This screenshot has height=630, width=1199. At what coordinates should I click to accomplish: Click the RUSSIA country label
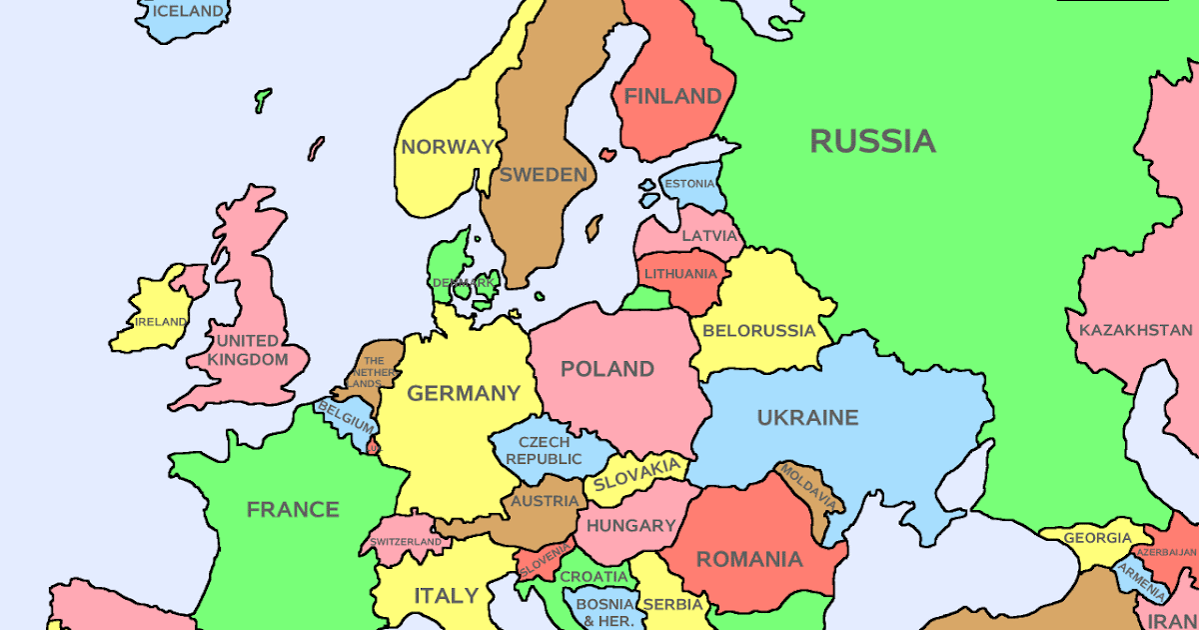[x=872, y=141]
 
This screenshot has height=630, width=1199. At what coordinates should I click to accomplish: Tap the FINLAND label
[x=672, y=97]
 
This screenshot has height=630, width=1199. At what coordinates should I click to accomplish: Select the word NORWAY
[x=448, y=147]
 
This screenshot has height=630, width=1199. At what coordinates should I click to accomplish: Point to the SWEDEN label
[x=544, y=175]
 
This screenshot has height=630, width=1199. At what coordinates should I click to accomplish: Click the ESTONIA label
[x=689, y=184]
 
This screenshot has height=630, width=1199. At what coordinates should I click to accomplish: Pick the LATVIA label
[x=709, y=237]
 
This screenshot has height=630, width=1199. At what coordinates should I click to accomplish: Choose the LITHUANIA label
[x=680, y=274]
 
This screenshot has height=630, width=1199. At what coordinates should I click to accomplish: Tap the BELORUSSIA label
[x=759, y=331]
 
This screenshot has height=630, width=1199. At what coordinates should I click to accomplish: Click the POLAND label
[x=607, y=369]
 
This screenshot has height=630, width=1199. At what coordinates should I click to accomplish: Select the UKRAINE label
[x=807, y=418]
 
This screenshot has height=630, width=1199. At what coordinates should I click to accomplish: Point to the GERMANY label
[x=464, y=394]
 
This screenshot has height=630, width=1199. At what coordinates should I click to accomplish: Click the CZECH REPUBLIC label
[x=544, y=451]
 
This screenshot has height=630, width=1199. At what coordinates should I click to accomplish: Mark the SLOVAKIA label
[x=637, y=476]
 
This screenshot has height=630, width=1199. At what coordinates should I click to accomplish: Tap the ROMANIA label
[x=749, y=560]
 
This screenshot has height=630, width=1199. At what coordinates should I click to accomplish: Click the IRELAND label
[x=161, y=322]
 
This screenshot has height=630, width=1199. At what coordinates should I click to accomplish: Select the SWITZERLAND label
[x=405, y=542]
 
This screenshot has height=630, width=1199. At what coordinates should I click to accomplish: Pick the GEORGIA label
[x=1097, y=537]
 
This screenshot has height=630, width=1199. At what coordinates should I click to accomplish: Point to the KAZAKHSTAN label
[x=1135, y=330]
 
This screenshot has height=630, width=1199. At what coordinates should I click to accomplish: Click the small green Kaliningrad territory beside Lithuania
[x=644, y=299]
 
